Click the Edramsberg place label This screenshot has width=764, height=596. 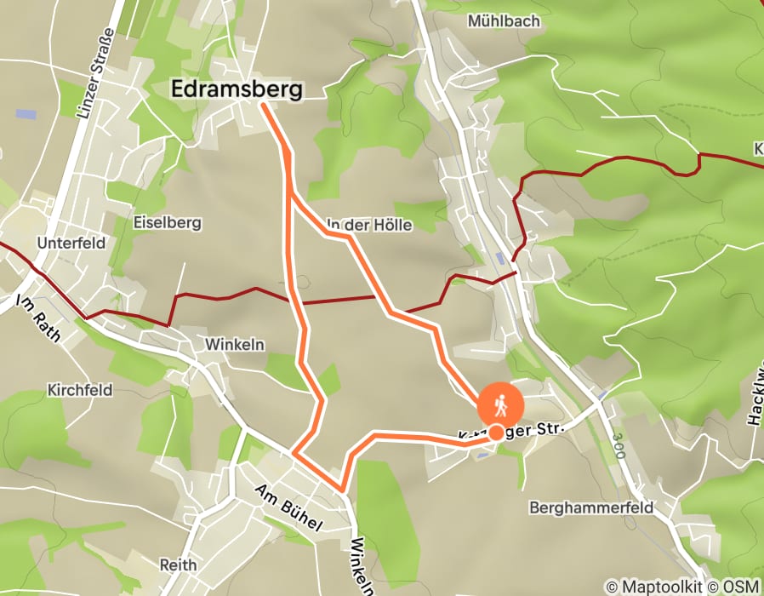pyautogui.click(x=237, y=89)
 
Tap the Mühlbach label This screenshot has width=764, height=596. pyautogui.click(x=504, y=21)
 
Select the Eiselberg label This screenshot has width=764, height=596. pyautogui.click(x=167, y=223)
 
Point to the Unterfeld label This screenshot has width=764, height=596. pyautogui.click(x=71, y=243)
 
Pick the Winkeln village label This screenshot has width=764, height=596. pyautogui.click(x=235, y=345)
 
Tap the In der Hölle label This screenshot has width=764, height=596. pyautogui.click(x=369, y=226)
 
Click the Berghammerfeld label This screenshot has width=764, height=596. pyautogui.click(x=590, y=507)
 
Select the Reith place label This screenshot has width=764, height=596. pyautogui.click(x=178, y=564)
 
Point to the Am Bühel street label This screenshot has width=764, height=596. pyautogui.click(x=288, y=507)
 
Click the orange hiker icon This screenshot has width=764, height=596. pyautogui.click(x=501, y=406)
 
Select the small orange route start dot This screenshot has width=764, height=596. pyautogui.click(x=496, y=433)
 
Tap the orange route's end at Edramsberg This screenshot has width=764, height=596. pyautogui.click(x=261, y=104)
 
